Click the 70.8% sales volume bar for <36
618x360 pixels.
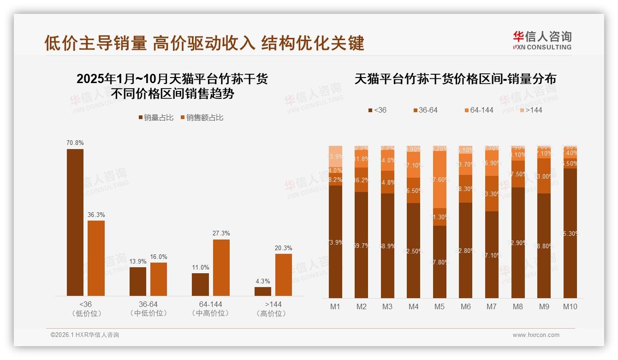click(75, 222)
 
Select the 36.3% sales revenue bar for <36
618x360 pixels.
click(96, 258)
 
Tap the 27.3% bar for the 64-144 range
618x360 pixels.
click(221, 267)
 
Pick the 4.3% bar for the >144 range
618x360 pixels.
click(263, 291)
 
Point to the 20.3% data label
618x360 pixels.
click(283, 248)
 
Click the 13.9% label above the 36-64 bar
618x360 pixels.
click(137, 262)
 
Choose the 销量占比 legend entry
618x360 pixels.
click(156, 118)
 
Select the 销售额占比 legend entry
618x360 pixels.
click(202, 118)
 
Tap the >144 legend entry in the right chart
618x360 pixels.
click(531, 110)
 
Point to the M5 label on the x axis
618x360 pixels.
click(440, 306)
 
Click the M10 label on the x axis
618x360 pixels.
click(570, 306)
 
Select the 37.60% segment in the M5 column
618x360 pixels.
click(440, 180)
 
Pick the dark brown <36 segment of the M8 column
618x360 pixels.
click(518, 242)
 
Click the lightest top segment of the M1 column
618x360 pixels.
click(336, 156)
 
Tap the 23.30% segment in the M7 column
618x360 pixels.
click(492, 194)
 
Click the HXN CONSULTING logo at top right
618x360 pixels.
click(542, 41)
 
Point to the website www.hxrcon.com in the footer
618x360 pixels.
click(536, 335)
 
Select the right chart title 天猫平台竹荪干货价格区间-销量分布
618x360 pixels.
click(455, 79)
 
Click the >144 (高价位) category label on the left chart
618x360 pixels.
click(273, 309)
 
